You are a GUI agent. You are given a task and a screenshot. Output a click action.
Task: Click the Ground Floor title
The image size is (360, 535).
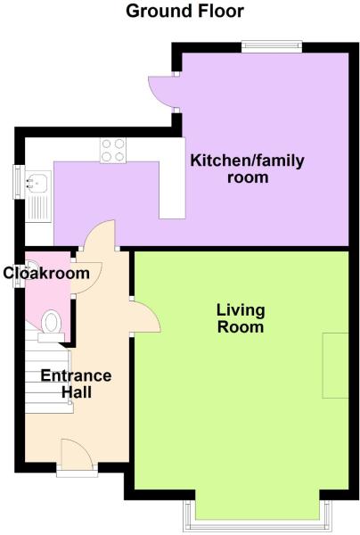tap(184, 11)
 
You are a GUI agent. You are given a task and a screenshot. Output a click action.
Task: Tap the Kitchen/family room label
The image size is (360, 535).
tap(247, 169)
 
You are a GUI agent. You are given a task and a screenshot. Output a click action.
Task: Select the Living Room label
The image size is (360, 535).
tap(241, 318)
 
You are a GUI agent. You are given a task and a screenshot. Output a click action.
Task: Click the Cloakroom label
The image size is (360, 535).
tap(46, 274)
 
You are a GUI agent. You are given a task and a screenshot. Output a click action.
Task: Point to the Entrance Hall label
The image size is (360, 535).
tap(76, 383)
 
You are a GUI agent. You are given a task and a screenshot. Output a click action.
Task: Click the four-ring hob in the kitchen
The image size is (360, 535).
tap(113, 150)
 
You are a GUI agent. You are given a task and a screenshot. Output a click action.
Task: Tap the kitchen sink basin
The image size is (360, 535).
tap(38, 183)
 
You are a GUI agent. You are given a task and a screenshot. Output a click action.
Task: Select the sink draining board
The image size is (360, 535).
tap(38, 209)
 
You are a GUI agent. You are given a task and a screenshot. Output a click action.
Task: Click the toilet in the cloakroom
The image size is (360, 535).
tap(51, 325)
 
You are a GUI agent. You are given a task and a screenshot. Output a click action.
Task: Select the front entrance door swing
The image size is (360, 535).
tap(77, 453)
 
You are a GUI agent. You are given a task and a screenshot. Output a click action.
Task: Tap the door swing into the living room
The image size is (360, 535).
tap(146, 317)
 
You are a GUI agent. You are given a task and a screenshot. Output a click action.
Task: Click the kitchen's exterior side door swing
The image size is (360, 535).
tap(162, 92)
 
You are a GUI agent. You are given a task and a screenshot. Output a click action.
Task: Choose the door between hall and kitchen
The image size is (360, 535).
tap(99, 235)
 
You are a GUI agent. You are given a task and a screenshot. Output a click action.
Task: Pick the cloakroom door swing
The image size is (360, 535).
tap(87, 277)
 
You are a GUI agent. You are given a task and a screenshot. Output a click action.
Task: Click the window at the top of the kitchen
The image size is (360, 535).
tap(272, 47)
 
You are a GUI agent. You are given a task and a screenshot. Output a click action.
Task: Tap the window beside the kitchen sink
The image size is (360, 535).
tap(19, 182)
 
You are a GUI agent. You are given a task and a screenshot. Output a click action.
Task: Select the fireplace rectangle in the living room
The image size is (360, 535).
tap(335, 366)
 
